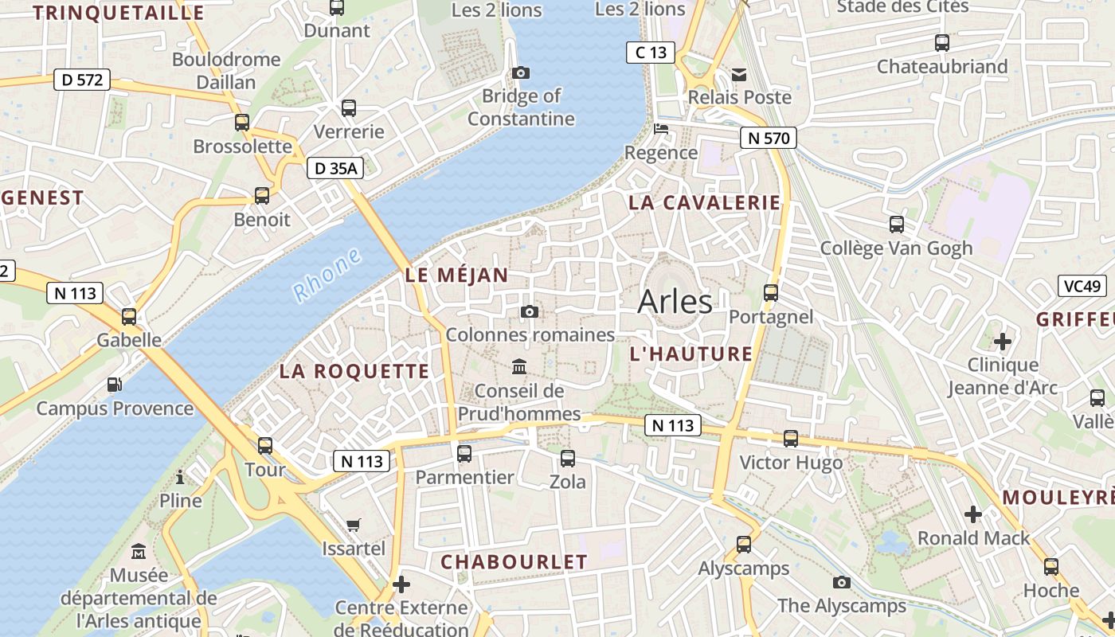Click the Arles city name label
675,302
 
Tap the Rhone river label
327,275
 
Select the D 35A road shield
335,168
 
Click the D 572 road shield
82,80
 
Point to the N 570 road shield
769,138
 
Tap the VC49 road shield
1083,286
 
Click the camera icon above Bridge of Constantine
521,73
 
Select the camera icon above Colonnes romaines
530,311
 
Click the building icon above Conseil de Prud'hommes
520,366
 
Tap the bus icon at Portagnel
770,292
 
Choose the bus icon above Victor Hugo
791,438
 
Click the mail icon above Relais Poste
740,75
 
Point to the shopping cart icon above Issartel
354,525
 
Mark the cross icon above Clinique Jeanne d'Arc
1003,342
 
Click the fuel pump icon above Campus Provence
115,385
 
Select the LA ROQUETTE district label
354,371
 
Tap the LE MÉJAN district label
456,276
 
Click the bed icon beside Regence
661,128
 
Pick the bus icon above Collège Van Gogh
897,224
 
